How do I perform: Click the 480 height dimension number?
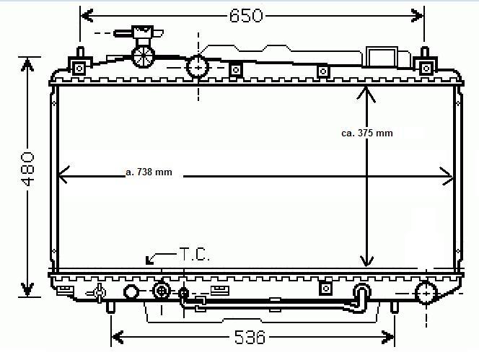coord(27,169)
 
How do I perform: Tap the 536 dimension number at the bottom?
coord(250,337)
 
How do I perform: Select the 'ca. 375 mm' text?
coord(367,133)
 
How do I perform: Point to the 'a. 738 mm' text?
coord(149,172)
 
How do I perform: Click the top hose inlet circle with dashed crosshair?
coord(197,67)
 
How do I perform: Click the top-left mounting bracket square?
coord(79,68)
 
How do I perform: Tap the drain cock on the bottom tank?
coord(97,292)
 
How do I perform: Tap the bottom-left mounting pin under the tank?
coord(110,306)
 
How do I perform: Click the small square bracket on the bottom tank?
coord(325,289)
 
